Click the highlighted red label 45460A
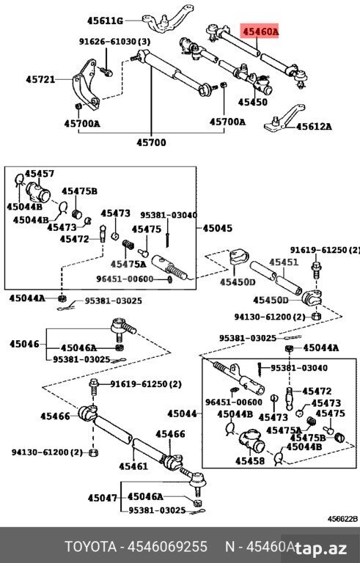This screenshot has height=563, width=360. pyautogui.click(x=260, y=32)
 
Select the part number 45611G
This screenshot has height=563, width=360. pyautogui.click(x=105, y=21)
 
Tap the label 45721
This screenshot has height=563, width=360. pyautogui.click(x=40, y=79)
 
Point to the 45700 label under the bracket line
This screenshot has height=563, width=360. pyautogui.click(x=151, y=142)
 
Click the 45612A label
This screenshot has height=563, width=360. pyautogui.click(x=313, y=126)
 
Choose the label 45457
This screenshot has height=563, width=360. pyautogui.click(x=40, y=174)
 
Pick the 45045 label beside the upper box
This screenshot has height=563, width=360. pyautogui.click(x=217, y=228)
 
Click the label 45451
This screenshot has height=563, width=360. pyautogui.click(x=284, y=262)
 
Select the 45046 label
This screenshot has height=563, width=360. pyautogui.click(x=24, y=344)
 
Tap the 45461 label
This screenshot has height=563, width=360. pyautogui.click(x=133, y=466)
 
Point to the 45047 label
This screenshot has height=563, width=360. pyautogui.click(x=103, y=498)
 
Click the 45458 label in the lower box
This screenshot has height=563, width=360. pyautogui.click(x=250, y=460)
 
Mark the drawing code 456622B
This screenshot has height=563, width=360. pyautogui.click(x=342, y=519)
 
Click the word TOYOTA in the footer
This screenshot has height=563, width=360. pyautogui.click(x=90, y=547)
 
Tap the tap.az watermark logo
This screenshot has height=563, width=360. pyautogui.click(x=321, y=548)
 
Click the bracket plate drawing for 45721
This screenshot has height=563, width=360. pyautogui.click(x=86, y=85)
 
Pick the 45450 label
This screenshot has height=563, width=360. pyautogui.click(x=253, y=103)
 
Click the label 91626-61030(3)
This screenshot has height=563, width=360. pyautogui.click(x=115, y=42)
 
